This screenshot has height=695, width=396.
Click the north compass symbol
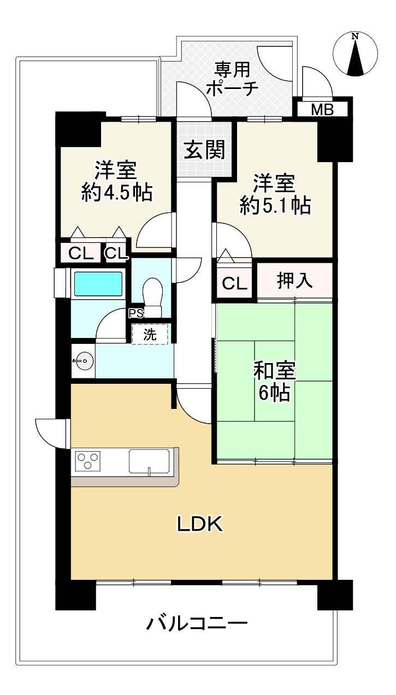(355, 54)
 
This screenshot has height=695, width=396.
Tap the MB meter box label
(322, 109)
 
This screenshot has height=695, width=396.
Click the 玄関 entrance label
(204, 149)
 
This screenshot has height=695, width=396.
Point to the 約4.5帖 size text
(116, 193)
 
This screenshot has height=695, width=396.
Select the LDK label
(199, 524)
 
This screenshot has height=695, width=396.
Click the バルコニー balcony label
(197, 623)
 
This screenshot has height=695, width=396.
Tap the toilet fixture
(152, 295)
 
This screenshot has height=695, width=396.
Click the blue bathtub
(99, 284)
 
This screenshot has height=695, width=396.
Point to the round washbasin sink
(83, 361)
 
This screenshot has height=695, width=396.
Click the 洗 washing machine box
(150, 334)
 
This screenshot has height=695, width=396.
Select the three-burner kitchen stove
(88, 461)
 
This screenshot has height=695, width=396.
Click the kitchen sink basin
(149, 461)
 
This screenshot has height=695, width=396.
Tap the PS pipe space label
(135, 313)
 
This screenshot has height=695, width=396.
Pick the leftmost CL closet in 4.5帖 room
(80, 253)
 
